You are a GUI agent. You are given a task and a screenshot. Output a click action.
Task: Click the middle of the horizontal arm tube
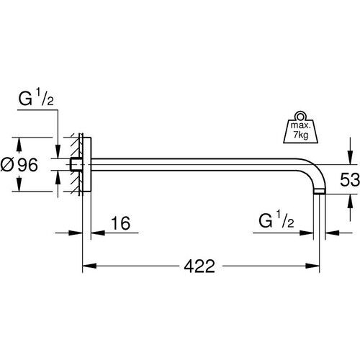tap(194, 164)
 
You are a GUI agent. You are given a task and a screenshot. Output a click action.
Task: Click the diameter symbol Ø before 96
tap(9, 164)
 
